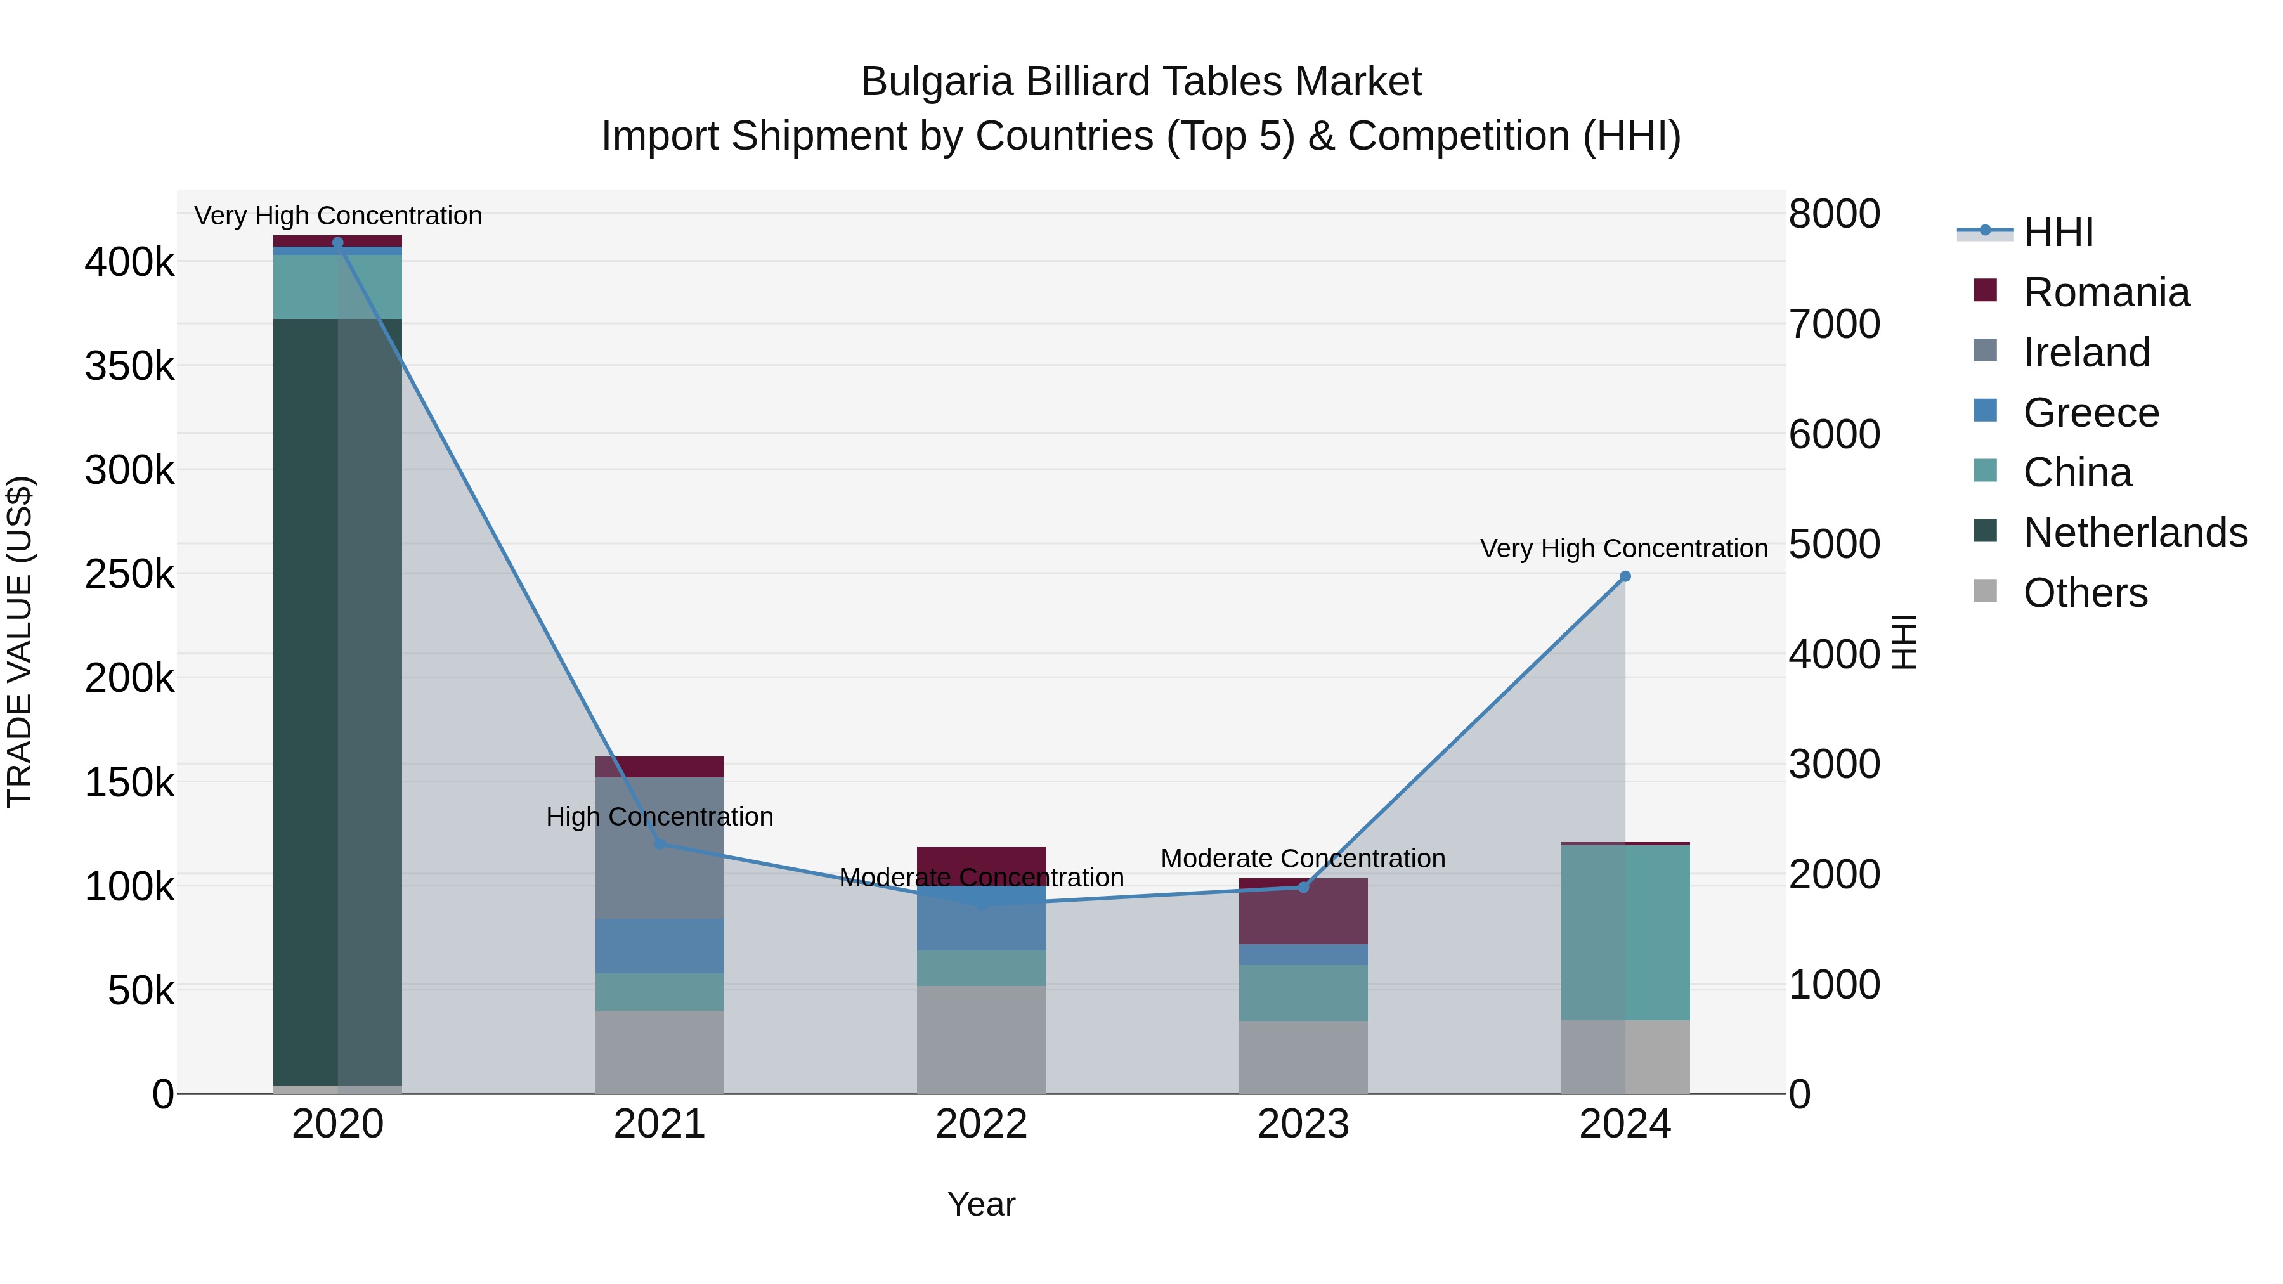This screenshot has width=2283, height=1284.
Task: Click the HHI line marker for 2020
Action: click(x=337, y=243)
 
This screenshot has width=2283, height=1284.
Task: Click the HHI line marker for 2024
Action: click(x=1625, y=576)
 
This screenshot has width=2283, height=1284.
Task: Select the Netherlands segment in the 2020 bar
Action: click(x=337, y=700)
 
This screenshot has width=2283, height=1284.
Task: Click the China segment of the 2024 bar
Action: click(x=1625, y=932)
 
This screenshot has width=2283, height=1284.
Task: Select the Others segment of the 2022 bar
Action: click(x=981, y=1039)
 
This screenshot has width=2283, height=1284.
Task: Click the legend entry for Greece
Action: click(x=2091, y=413)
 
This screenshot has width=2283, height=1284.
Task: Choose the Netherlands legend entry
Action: click(x=2135, y=533)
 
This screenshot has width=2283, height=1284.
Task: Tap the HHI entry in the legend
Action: click(x=2058, y=232)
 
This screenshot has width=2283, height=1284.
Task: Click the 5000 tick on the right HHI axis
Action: click(x=1833, y=544)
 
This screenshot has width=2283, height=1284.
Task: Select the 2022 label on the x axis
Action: click(x=981, y=1124)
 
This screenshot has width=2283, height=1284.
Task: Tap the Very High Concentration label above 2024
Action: click(x=1623, y=548)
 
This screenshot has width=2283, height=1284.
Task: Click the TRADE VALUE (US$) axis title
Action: click(x=20, y=642)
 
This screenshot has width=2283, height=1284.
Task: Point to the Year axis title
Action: click(x=981, y=1204)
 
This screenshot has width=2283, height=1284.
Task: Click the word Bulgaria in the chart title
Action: click(x=938, y=82)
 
